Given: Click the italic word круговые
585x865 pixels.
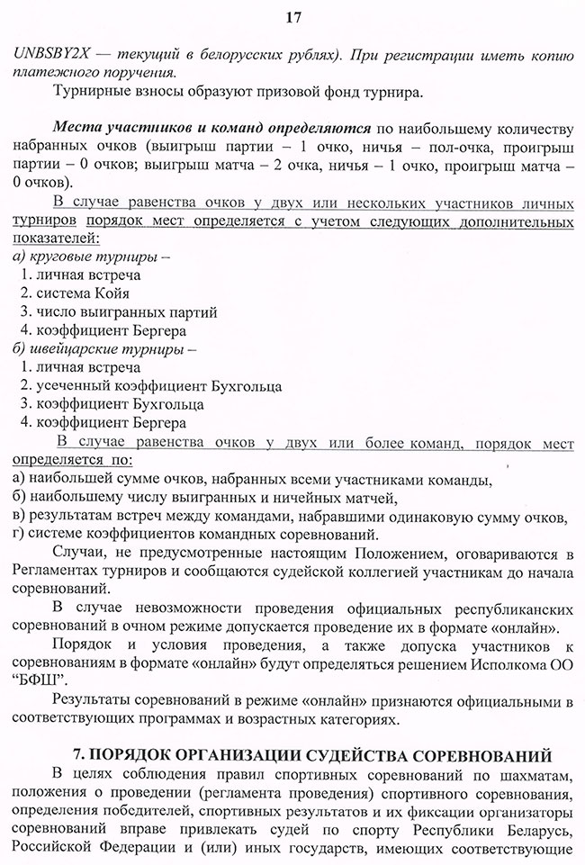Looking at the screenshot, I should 58,257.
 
